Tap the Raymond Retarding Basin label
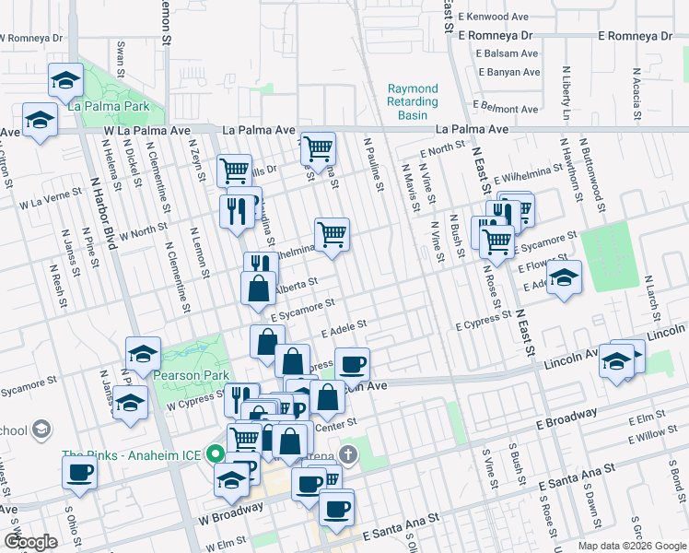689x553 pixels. coord(413,101)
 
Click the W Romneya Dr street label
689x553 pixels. coord(32,39)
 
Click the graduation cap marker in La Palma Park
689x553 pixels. coord(65,80)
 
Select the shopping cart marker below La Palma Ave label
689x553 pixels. coord(318,147)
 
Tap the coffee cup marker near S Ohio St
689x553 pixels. coord(78,473)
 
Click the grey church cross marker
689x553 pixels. coord(347,454)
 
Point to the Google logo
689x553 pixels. coord(29,543)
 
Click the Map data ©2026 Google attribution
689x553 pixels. coord(632,546)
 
